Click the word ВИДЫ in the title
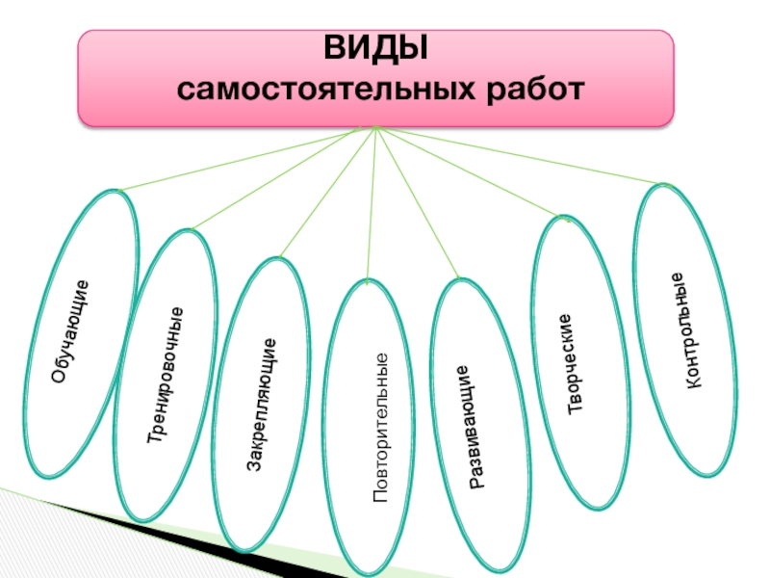(x=375, y=48)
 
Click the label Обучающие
(x=71, y=331)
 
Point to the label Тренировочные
(x=166, y=375)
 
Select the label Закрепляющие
(x=263, y=405)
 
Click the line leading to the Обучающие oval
(x=244, y=159)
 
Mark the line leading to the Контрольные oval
(x=520, y=156)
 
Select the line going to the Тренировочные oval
(x=283, y=178)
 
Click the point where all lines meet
(x=375, y=128)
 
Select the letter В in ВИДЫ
(x=334, y=48)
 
